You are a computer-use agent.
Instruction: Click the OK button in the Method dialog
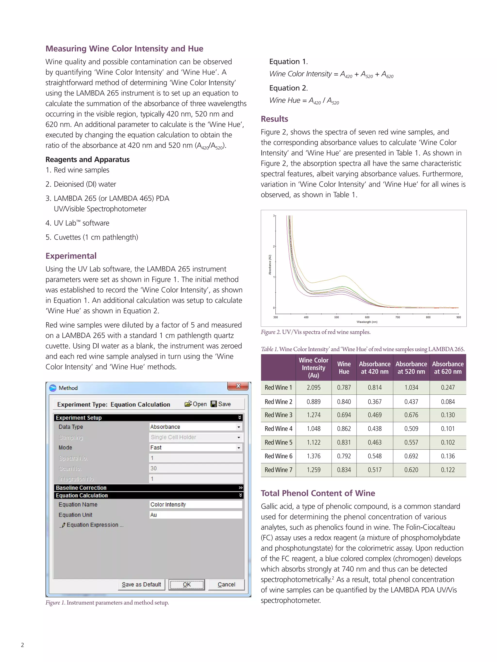click(186, 584)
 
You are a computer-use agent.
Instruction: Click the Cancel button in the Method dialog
click(226, 584)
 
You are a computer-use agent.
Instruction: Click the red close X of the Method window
click(238, 386)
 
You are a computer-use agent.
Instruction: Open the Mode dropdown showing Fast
click(239, 448)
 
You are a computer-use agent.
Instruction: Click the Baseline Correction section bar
click(148, 488)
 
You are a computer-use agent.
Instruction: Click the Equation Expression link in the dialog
click(92, 525)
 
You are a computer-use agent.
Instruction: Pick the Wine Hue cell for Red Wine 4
click(344, 429)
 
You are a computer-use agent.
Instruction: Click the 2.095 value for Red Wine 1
click(313, 388)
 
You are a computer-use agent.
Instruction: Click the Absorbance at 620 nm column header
click(447, 368)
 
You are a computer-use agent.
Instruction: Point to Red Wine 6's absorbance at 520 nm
click(411, 456)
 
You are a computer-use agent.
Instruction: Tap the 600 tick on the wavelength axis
click(367, 317)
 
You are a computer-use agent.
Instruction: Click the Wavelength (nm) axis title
click(367, 322)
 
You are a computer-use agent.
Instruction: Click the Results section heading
click(274, 119)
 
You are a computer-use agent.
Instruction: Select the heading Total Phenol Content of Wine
click(318, 493)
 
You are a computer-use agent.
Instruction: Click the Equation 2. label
click(288, 88)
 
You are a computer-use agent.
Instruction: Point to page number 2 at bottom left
click(23, 645)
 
